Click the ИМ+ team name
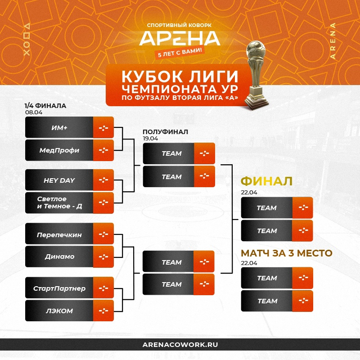[59, 128]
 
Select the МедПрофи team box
[69, 150]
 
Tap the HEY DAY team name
[59, 180]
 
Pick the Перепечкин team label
[59, 234]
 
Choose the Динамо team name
[59, 256]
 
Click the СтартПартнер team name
[59, 288]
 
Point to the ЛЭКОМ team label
[59, 311]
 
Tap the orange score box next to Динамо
[103, 256]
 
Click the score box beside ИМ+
[103, 127]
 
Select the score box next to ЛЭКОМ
[103, 310]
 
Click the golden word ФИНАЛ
[266, 181]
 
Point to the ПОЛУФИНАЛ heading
[165, 132]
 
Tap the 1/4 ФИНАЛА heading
[45, 106]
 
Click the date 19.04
[150, 139]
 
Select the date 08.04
[34, 112]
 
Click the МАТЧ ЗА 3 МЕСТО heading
[287, 253]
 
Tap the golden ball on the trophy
[256, 49]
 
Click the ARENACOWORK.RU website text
[180, 345]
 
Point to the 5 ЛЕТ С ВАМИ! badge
[180, 52]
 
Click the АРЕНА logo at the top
[180, 38]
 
